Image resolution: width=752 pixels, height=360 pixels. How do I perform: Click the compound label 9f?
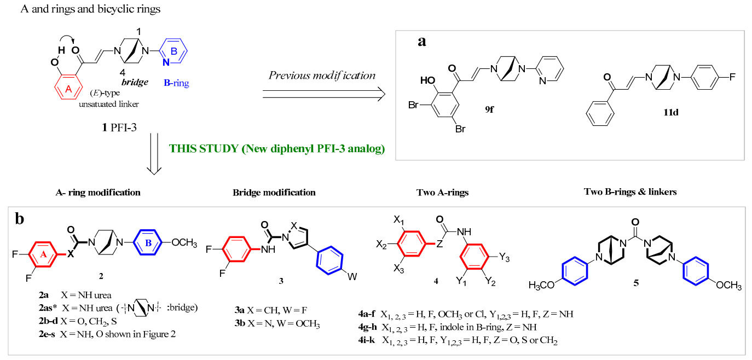pyautogui.click(x=489, y=109)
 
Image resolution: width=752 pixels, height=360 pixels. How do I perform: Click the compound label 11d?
pyautogui.click(x=671, y=112)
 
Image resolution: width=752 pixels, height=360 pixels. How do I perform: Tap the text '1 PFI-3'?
pyautogui.click(x=119, y=127)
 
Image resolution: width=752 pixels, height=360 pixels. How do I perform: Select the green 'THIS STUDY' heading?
pyautogui.click(x=276, y=149)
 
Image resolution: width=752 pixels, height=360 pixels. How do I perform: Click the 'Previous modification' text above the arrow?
pyautogui.click(x=322, y=76)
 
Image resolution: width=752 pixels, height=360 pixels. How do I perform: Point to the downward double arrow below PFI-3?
pyautogui.click(x=154, y=154)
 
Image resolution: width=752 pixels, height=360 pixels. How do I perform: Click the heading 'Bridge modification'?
pyautogui.click(x=274, y=193)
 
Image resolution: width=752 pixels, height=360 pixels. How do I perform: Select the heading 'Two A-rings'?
pyautogui.click(x=442, y=193)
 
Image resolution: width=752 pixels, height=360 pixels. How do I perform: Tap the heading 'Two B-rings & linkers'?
pyautogui.click(x=630, y=192)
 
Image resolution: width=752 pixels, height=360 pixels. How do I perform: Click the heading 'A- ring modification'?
pyautogui.click(x=98, y=193)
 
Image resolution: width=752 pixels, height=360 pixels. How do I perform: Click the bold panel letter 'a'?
pyautogui.click(x=421, y=41)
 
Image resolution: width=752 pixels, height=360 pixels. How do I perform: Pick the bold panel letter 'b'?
pyautogui.click(x=20, y=219)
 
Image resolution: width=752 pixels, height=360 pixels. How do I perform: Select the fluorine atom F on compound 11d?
pyautogui.click(x=732, y=77)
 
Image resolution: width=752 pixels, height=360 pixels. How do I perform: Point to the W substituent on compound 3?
pyautogui.click(x=352, y=277)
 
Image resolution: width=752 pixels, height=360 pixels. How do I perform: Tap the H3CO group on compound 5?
pyautogui.click(x=541, y=285)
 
